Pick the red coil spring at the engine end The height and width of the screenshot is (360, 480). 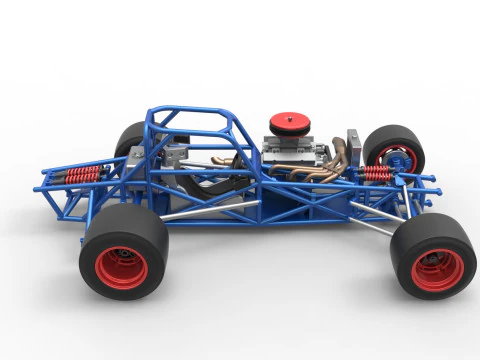(377, 173)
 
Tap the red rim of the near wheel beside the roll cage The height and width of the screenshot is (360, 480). (122, 268)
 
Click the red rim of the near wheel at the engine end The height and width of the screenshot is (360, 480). (437, 269)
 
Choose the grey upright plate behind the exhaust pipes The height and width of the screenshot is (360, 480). (351, 144)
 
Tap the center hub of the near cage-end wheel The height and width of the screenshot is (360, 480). (121, 268)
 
